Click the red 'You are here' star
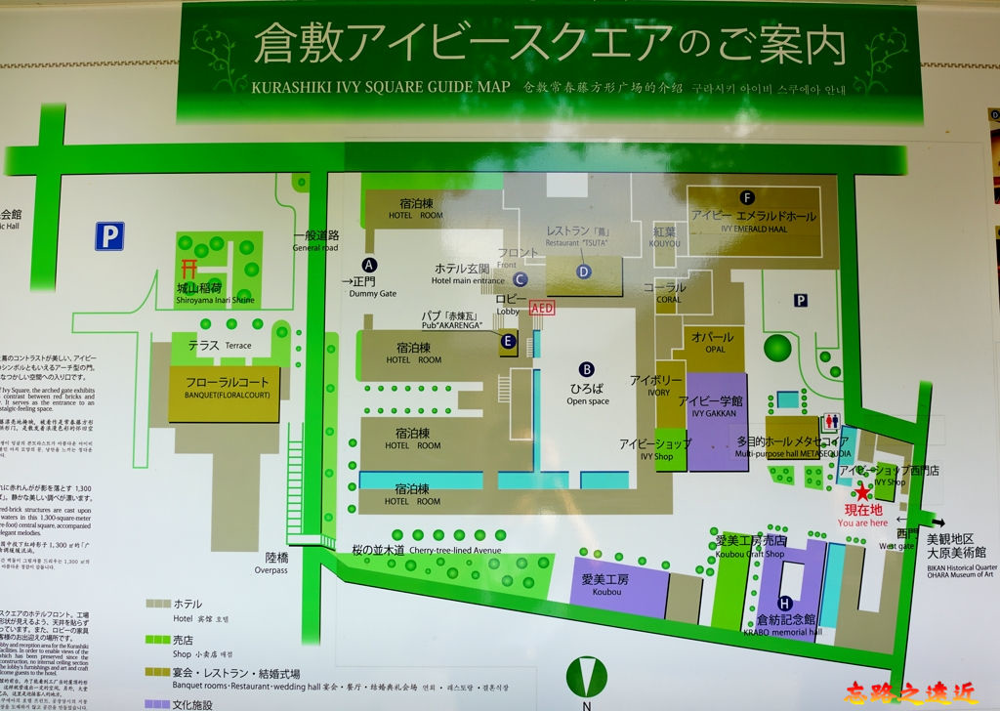click(x=862, y=492)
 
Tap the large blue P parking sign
click(x=109, y=235)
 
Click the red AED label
click(x=542, y=307)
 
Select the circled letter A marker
click(x=369, y=264)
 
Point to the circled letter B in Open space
click(x=587, y=369)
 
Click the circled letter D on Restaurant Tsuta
click(x=584, y=272)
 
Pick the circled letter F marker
click(x=747, y=196)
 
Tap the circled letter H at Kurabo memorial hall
click(x=784, y=603)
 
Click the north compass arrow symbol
click(x=586, y=674)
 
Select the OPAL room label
click(x=707, y=343)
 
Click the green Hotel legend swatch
click(x=156, y=604)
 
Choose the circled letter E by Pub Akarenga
click(x=508, y=341)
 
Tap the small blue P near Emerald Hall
click(x=800, y=301)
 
